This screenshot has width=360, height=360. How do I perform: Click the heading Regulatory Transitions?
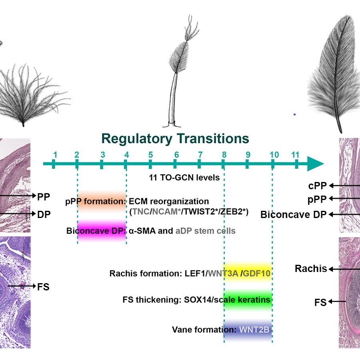[175, 138]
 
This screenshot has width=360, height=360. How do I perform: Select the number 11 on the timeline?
[295, 155]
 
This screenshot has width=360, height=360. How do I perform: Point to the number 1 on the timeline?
[55, 155]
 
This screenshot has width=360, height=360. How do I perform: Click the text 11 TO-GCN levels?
[184, 177]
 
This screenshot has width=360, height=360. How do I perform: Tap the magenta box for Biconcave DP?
[102, 231]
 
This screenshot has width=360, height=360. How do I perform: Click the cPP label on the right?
[318, 186]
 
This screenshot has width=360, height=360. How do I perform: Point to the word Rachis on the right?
[311, 268]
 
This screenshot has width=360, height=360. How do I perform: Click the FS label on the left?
[43, 287]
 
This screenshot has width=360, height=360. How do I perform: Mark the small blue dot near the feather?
[294, 114]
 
